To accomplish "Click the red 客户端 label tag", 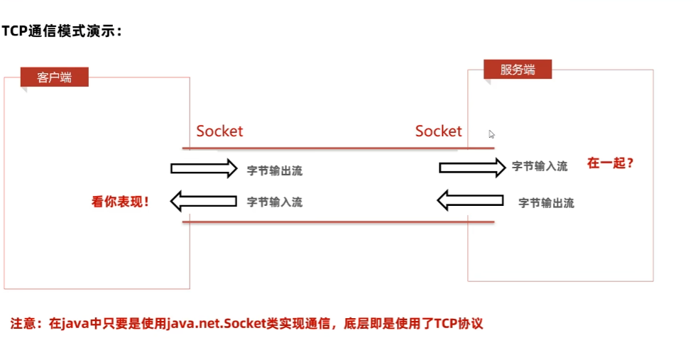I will [x=54, y=77].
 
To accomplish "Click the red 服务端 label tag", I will [x=517, y=70].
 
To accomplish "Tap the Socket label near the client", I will [x=219, y=131].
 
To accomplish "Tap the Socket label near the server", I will [x=438, y=131].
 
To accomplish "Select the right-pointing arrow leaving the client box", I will [x=204, y=168].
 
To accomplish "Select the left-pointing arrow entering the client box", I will [x=204, y=202].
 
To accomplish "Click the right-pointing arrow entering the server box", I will [x=471, y=167].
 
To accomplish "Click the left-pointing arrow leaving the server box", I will [x=470, y=202].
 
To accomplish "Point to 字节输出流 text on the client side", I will [x=275, y=171].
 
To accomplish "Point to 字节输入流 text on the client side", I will [x=275, y=202].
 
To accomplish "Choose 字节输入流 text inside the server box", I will [x=540, y=167].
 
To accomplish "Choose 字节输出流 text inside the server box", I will [x=546, y=203].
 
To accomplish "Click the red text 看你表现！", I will [x=121, y=202].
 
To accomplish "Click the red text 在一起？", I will [x=610, y=163].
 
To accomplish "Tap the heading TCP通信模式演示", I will [x=62, y=32].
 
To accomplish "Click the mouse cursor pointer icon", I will [x=491, y=133].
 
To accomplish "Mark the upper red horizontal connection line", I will [x=337, y=148].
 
